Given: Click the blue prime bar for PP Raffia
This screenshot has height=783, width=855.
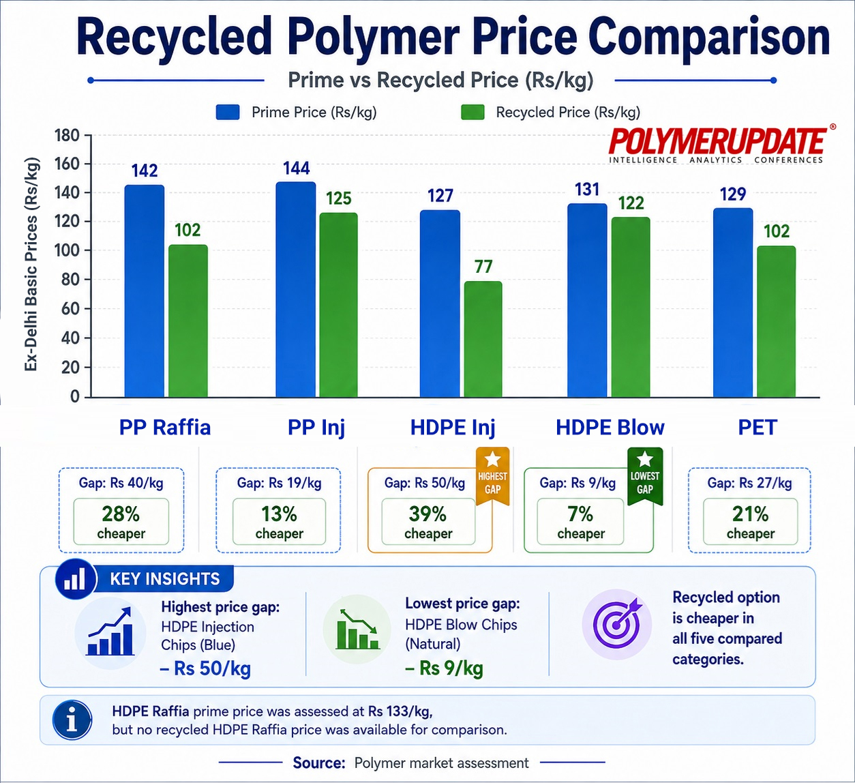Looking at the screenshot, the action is pyautogui.click(x=145, y=291).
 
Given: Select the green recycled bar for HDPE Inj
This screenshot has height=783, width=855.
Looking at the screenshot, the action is pyautogui.click(x=483, y=340).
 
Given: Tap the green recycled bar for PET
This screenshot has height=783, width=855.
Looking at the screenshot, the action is pyautogui.click(x=776, y=322).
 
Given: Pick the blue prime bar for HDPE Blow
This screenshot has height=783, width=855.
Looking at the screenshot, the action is pyautogui.click(x=587, y=301).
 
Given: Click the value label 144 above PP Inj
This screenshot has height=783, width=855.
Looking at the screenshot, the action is pyautogui.click(x=297, y=168).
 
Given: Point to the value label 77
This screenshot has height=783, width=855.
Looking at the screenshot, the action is pyautogui.click(x=483, y=267).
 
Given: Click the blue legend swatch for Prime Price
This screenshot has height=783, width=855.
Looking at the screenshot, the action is pyautogui.click(x=228, y=112).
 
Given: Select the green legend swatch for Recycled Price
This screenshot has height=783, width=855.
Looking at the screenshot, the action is pyautogui.click(x=472, y=112).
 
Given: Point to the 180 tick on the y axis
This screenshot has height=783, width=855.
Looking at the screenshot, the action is pyautogui.click(x=67, y=136).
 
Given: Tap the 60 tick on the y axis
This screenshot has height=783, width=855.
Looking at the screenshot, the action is pyautogui.click(x=70, y=309).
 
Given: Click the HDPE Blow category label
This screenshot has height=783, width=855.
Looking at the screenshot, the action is pyautogui.click(x=610, y=428).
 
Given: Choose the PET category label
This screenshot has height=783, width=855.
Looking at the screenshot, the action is pyautogui.click(x=757, y=428).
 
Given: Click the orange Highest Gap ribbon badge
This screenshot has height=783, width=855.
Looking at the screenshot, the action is pyautogui.click(x=493, y=476).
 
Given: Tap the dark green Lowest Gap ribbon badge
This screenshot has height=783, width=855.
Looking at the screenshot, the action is pyautogui.click(x=645, y=476).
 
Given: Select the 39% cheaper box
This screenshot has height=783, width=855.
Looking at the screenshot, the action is pyautogui.click(x=428, y=522).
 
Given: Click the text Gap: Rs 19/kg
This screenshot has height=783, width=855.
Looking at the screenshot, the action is pyautogui.click(x=279, y=483).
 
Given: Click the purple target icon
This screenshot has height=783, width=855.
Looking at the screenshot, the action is pyautogui.click(x=617, y=624).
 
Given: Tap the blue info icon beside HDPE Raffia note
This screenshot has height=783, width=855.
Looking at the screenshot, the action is pyautogui.click(x=72, y=720).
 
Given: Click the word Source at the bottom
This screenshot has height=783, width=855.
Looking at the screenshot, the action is pyautogui.click(x=319, y=763).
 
